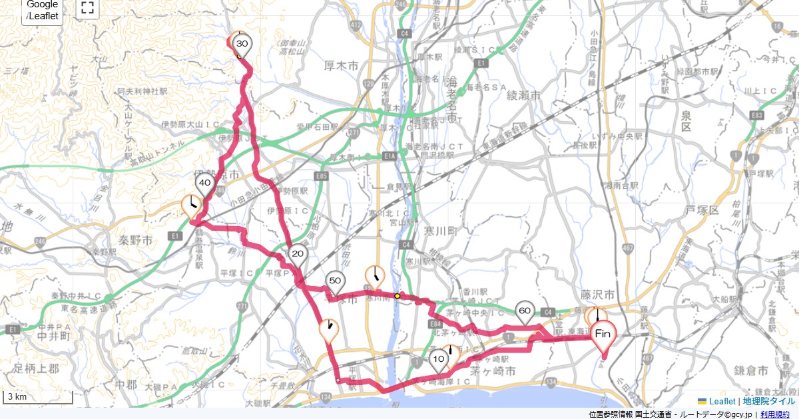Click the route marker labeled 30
(x=242, y=44)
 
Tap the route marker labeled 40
(x=204, y=184)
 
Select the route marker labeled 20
(x=298, y=254)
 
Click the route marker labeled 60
(x=525, y=311)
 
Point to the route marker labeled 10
(x=438, y=360)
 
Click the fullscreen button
(x=87, y=8)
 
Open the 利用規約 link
(x=775, y=414)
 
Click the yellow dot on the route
(x=398, y=296)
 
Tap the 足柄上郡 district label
(x=37, y=367)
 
